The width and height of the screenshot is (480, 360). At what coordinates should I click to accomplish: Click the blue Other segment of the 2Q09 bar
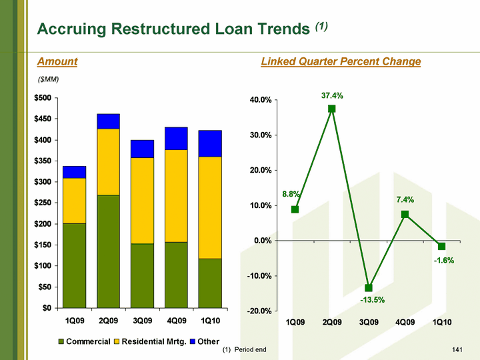pos(109,121)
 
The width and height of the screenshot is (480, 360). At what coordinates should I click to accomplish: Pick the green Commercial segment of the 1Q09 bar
pos(75,265)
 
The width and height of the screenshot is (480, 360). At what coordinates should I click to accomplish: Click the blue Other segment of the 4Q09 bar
pos(177,139)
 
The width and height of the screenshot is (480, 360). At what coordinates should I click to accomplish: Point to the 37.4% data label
pos(332,95)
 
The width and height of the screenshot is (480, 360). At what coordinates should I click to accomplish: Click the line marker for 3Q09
pos(369,288)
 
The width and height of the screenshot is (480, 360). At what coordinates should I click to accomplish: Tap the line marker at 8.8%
pos(295,209)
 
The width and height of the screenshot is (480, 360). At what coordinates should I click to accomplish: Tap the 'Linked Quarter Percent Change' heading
pos(341,62)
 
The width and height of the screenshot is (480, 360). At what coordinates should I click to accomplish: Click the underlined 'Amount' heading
pos(57,62)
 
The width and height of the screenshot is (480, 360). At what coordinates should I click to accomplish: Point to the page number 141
pos(457,350)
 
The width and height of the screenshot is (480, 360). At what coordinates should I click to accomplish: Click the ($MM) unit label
pos(48,80)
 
